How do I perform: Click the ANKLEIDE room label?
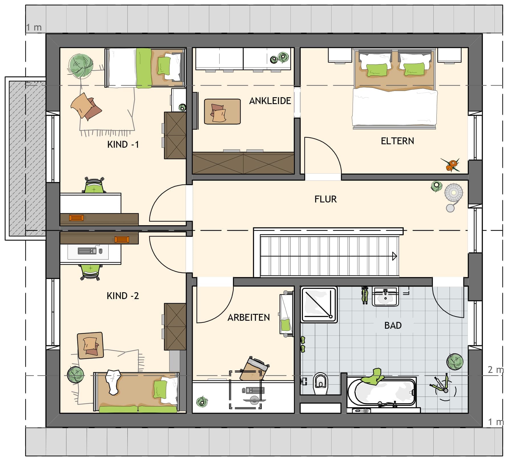coord(270,101)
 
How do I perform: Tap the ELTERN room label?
coord(397,141)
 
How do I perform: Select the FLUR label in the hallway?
coord(326,199)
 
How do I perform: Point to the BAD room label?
coord(393,325)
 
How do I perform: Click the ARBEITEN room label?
coord(249,318)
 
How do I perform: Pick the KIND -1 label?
coord(123,145)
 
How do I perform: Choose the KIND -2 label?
coord(123,296)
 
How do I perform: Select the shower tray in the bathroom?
coord(319,305)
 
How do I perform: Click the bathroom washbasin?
coord(385,296)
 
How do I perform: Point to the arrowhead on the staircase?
coord(395,256)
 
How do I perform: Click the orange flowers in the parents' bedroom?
coord(451,165)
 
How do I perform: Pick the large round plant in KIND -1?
coord(81,66)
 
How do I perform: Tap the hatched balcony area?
coord(27,158)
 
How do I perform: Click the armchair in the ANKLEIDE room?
coord(222,111)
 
